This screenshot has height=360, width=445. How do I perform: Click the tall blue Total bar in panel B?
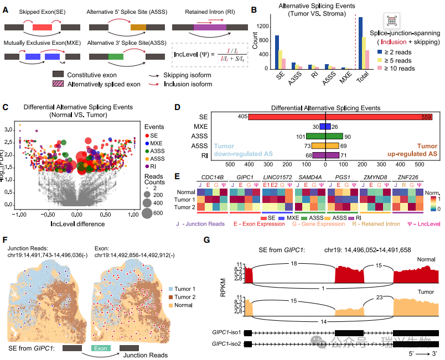coord(361,43)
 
